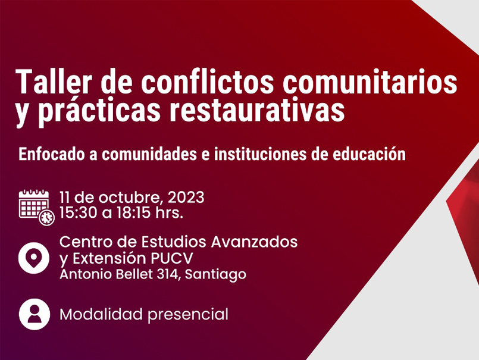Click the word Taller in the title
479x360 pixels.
(x=50, y=82)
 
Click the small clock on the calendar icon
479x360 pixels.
(x=46, y=218)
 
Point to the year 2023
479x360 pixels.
(x=186, y=197)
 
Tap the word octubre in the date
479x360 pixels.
(x=127, y=197)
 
